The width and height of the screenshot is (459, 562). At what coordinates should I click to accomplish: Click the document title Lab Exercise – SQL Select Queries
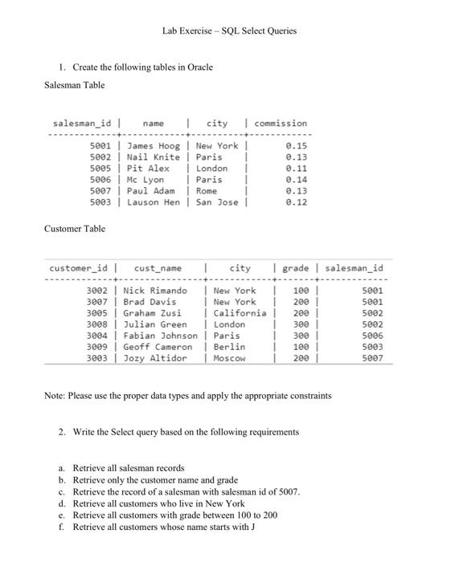[229, 31]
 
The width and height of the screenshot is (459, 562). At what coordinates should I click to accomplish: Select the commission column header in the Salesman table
[281, 124]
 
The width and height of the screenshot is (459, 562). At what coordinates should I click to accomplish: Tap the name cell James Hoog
[154, 146]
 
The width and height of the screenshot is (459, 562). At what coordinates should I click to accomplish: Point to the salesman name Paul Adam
[151, 191]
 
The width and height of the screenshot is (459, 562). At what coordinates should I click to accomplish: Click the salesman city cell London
[211, 169]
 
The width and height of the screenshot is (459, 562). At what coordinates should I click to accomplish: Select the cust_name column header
[158, 268]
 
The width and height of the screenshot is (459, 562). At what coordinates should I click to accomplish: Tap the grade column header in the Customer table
[296, 268]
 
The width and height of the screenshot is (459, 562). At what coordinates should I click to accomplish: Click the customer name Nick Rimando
[155, 291]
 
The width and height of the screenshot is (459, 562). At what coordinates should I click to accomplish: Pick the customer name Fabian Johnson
[160, 336]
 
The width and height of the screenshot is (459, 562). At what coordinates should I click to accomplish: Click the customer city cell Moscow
[230, 358]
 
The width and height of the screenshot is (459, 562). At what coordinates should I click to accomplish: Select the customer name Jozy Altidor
[155, 358]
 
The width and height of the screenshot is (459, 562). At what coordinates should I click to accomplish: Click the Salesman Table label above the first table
[74, 85]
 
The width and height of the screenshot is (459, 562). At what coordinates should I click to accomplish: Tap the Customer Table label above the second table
[74, 229]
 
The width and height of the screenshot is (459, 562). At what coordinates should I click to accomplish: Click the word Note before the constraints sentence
[54, 396]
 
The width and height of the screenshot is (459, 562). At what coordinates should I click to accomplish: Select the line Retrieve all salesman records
[129, 468]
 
